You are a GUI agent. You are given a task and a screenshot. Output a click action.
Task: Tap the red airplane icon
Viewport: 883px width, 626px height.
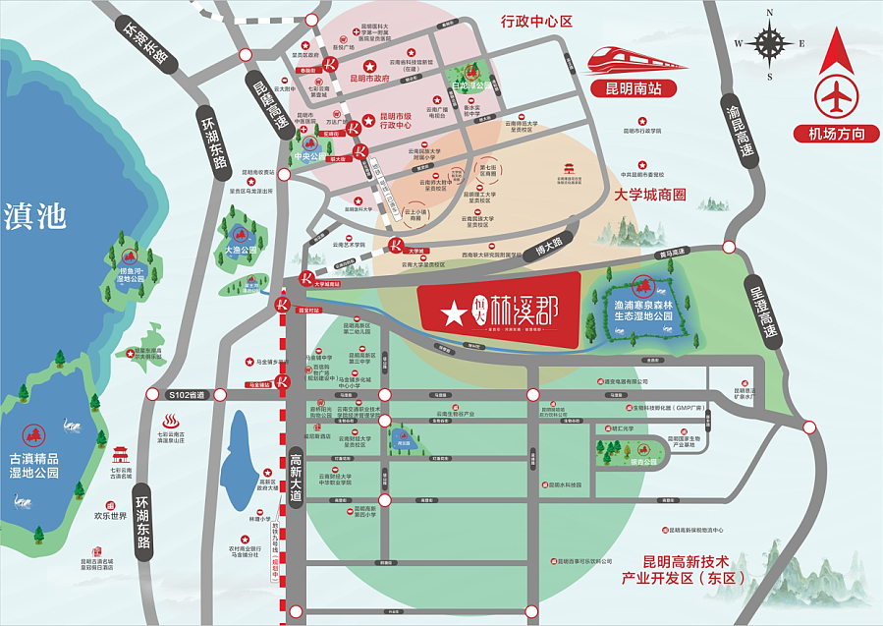click(x=836, y=96)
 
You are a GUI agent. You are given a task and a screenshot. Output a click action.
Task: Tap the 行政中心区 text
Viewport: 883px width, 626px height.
click(x=536, y=21)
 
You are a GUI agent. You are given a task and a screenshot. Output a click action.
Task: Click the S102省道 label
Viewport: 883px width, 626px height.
click(x=188, y=394)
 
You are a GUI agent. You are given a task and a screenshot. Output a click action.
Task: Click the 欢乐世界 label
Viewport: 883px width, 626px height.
click(x=111, y=514)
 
